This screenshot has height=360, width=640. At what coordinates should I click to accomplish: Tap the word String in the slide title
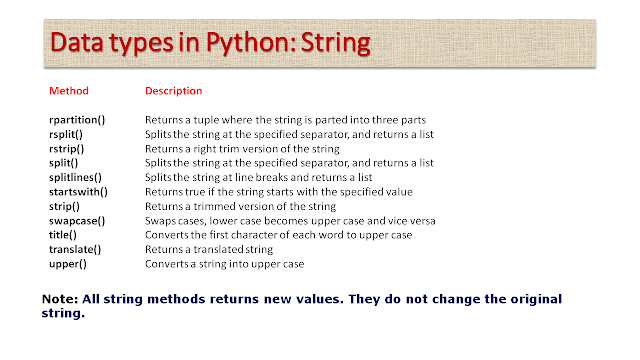pos(336,43)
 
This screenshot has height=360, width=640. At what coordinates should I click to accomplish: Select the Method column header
pos(69,91)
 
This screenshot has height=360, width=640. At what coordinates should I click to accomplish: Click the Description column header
pos(173,91)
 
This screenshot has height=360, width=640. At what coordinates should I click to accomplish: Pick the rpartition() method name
pos(77,120)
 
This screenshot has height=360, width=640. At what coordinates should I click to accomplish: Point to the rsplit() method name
pos(66,134)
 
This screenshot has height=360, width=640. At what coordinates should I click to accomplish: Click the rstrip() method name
pos(67,149)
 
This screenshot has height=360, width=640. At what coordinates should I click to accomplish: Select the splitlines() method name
pos(76,178)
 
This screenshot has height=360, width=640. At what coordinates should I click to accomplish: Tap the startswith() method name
pos(78,192)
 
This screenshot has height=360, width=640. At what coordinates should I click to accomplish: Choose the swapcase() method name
pos(77,221)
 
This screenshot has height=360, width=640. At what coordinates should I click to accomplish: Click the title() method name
pos(63,235)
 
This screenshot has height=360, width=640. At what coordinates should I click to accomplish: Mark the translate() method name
pos(75,249)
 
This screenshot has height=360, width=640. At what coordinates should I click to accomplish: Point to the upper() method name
pos(68,264)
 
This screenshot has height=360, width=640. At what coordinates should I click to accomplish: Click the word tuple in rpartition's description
pos(206,120)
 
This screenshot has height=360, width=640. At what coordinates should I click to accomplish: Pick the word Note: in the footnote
pos(60,299)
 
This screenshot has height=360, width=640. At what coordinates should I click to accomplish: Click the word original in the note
pos(536,300)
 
